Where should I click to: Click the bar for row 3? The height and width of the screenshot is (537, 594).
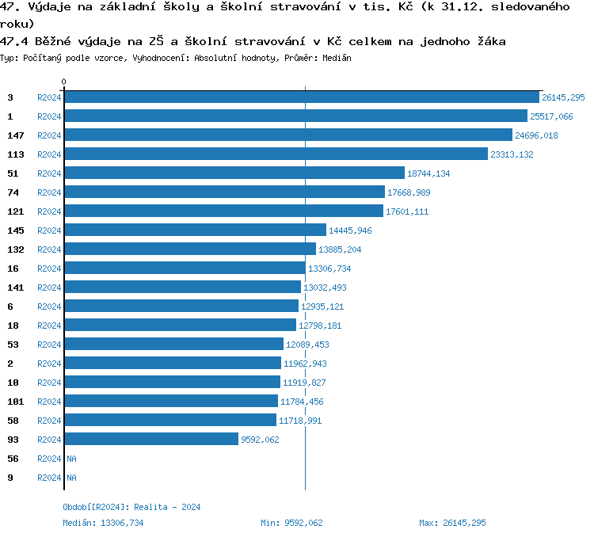[x=301, y=97]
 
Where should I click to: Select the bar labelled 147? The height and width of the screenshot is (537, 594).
[x=288, y=135]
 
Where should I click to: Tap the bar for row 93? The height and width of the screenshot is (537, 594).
[x=151, y=440]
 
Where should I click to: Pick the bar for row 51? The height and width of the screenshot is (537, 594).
[x=234, y=173]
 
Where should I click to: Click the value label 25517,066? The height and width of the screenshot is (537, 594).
[x=551, y=116]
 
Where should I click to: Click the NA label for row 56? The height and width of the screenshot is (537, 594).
[x=71, y=459]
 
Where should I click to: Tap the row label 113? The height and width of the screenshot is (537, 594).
[x=15, y=154]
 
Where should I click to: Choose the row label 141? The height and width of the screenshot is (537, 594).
[x=15, y=288]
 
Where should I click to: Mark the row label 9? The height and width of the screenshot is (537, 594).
[x=10, y=478]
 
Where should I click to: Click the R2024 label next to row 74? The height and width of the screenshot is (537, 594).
[x=49, y=192]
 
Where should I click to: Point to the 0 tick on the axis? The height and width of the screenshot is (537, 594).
[x=64, y=82]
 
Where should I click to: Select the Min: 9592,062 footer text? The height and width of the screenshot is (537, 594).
[x=291, y=523]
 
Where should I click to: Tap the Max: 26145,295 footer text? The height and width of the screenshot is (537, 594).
[x=452, y=523]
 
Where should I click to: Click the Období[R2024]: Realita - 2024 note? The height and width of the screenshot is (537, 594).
[x=131, y=507]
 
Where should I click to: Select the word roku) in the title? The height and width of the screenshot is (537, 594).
[x=17, y=23]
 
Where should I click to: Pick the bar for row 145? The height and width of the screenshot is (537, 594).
[x=195, y=230]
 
